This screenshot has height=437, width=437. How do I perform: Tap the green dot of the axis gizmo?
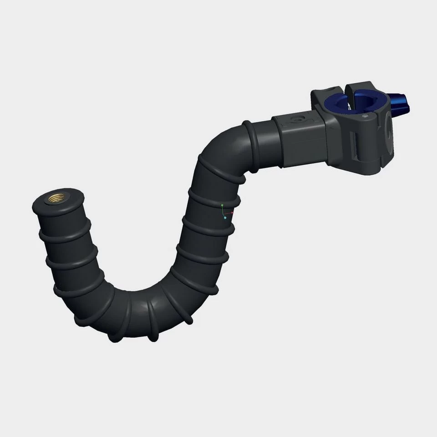(222, 206)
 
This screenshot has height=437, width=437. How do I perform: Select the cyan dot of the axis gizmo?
(225, 218)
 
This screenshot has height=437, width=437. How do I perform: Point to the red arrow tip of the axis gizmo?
(233, 212)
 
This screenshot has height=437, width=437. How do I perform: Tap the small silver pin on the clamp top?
(366, 117)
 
